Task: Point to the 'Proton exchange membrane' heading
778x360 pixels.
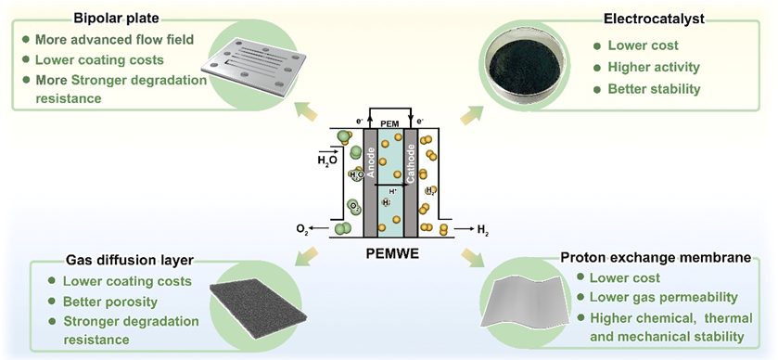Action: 654,257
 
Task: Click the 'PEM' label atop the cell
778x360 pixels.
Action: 389,122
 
